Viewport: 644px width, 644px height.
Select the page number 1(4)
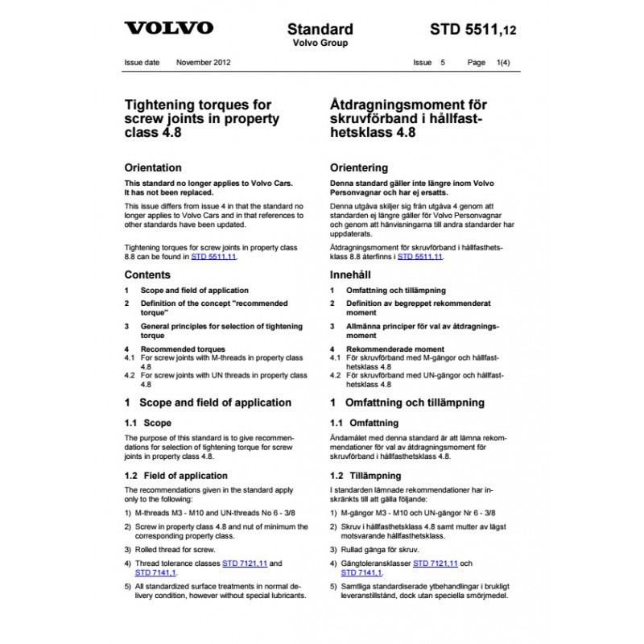pyautogui.click(x=508, y=62)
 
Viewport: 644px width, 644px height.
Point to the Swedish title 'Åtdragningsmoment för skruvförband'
pyautogui.click(x=409, y=118)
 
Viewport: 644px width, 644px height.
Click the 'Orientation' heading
pyautogui.click(x=153, y=168)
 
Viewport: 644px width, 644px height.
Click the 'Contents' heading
pyautogui.click(x=147, y=275)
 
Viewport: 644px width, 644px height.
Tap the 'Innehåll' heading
pyautogui.click(x=352, y=275)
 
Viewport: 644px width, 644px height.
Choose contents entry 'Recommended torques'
pyautogui.click(x=178, y=349)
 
